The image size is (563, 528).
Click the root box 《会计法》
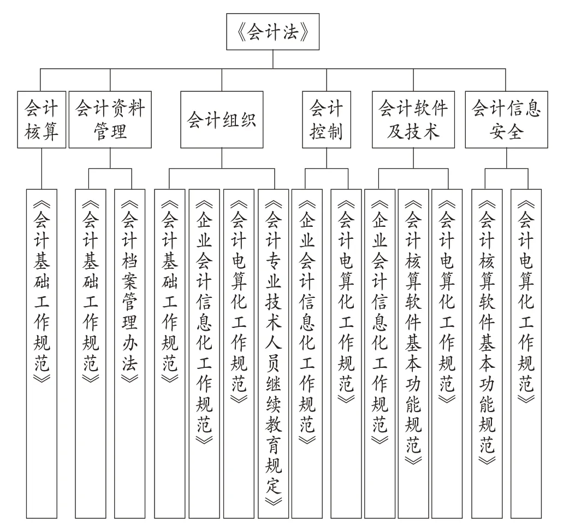coord(272,32)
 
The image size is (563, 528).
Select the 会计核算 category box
coord(42,119)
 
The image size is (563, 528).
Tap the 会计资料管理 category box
coord(110,119)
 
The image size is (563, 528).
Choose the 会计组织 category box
coord(222,119)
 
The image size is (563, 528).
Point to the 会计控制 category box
coord(327,119)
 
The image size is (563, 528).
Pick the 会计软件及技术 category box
coord(413,119)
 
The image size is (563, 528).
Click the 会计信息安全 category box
coord(506,119)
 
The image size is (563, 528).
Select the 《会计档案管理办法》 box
coord(129,354)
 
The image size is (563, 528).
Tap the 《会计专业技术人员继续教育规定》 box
coord(273,354)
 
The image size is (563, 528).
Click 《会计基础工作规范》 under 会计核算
coord(42,354)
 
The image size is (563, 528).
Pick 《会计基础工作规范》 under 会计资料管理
coord(91,354)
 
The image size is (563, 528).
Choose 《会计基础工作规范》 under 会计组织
coord(169,354)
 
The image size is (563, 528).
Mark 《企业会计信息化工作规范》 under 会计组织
coord(204,354)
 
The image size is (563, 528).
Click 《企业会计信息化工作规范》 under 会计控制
coord(307,354)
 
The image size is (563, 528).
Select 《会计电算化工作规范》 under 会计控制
coord(346,354)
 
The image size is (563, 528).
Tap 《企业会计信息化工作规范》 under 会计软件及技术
coord(380,354)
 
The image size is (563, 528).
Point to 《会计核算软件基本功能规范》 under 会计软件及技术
coord(413,354)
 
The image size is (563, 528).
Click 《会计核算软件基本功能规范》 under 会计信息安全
coord(487,354)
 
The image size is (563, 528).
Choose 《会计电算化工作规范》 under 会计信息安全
coord(526,354)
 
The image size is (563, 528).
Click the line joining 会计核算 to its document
coord(42,168)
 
